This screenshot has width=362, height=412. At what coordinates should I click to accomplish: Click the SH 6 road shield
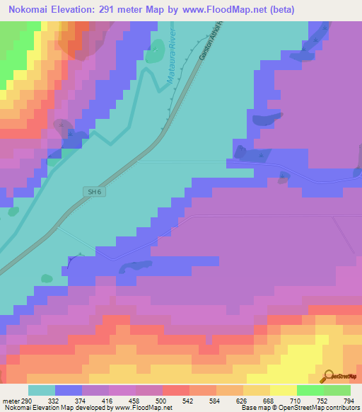(x=93, y=192)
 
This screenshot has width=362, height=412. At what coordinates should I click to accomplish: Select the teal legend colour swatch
(x=42, y=390)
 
